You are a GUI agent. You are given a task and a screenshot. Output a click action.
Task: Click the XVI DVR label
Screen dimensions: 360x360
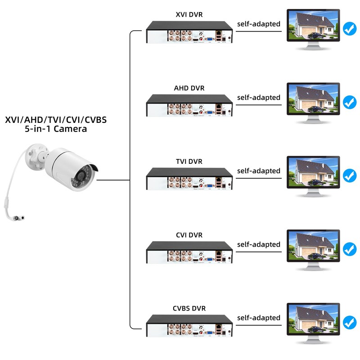coord(189,14)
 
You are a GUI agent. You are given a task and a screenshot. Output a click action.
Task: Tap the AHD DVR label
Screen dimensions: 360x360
coord(189,88)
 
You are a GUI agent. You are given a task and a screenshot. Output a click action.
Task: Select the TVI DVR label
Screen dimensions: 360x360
coord(189,161)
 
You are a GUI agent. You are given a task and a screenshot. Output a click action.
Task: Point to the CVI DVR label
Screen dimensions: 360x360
coord(189,235)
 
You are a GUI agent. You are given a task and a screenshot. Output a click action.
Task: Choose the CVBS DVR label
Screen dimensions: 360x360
coord(189,308)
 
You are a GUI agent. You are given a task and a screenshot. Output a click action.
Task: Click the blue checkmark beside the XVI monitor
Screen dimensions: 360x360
coord(349,29)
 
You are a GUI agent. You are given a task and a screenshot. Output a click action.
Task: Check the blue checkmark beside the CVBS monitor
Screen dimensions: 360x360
coord(349,323)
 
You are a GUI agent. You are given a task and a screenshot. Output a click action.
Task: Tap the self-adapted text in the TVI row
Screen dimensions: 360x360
coord(259,171)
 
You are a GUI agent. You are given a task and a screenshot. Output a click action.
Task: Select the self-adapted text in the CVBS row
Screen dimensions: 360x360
coord(259,318)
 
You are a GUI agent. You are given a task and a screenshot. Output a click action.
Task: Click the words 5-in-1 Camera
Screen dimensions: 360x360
coord(56,129)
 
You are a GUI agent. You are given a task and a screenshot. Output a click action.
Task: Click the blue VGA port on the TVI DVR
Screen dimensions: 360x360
coord(209,185)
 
